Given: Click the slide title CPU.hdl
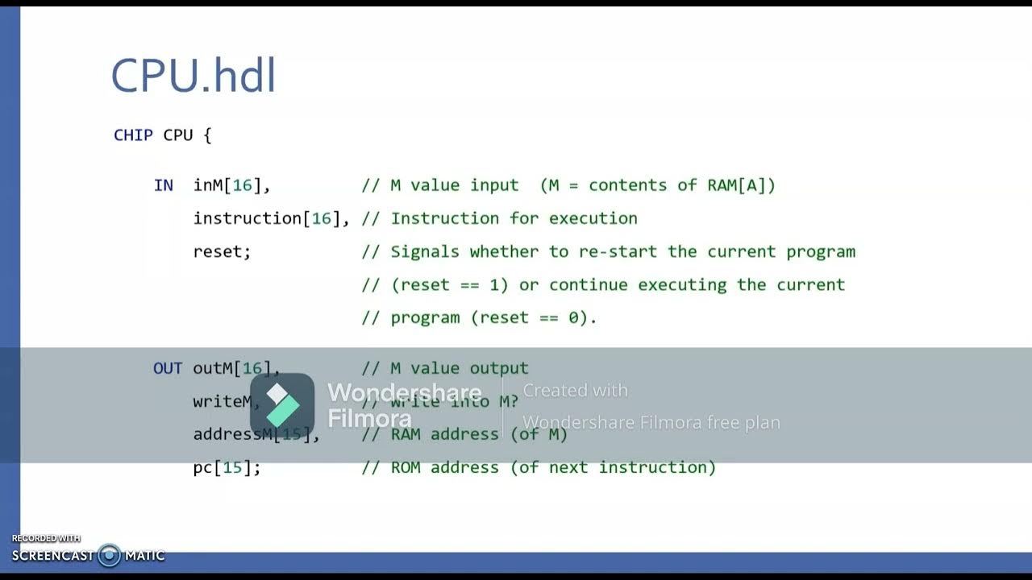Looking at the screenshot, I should (193, 77).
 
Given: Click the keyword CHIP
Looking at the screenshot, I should (133, 135).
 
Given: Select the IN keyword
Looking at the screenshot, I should (163, 185).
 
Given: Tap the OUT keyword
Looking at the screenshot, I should (168, 368).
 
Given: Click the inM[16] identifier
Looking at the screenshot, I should (231, 185).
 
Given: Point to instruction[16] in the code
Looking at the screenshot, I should (271, 218).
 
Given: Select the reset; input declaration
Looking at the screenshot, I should (222, 251).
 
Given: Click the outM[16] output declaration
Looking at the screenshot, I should (235, 368).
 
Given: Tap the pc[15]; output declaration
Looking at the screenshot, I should (227, 467).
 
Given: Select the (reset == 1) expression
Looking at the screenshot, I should (449, 284).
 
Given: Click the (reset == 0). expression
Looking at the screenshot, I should (534, 317).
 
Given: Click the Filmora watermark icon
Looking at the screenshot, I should (282, 405).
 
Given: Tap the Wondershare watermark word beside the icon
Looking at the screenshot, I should (404, 392).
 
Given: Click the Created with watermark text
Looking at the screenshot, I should (575, 391).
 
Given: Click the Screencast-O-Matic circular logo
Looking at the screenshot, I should (109, 555).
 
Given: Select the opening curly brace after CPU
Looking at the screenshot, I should (207, 135).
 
